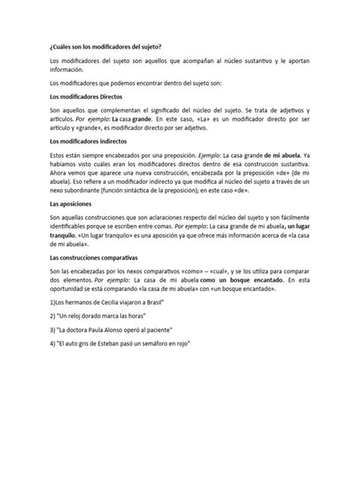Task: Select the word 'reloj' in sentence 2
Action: pos(81,314)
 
